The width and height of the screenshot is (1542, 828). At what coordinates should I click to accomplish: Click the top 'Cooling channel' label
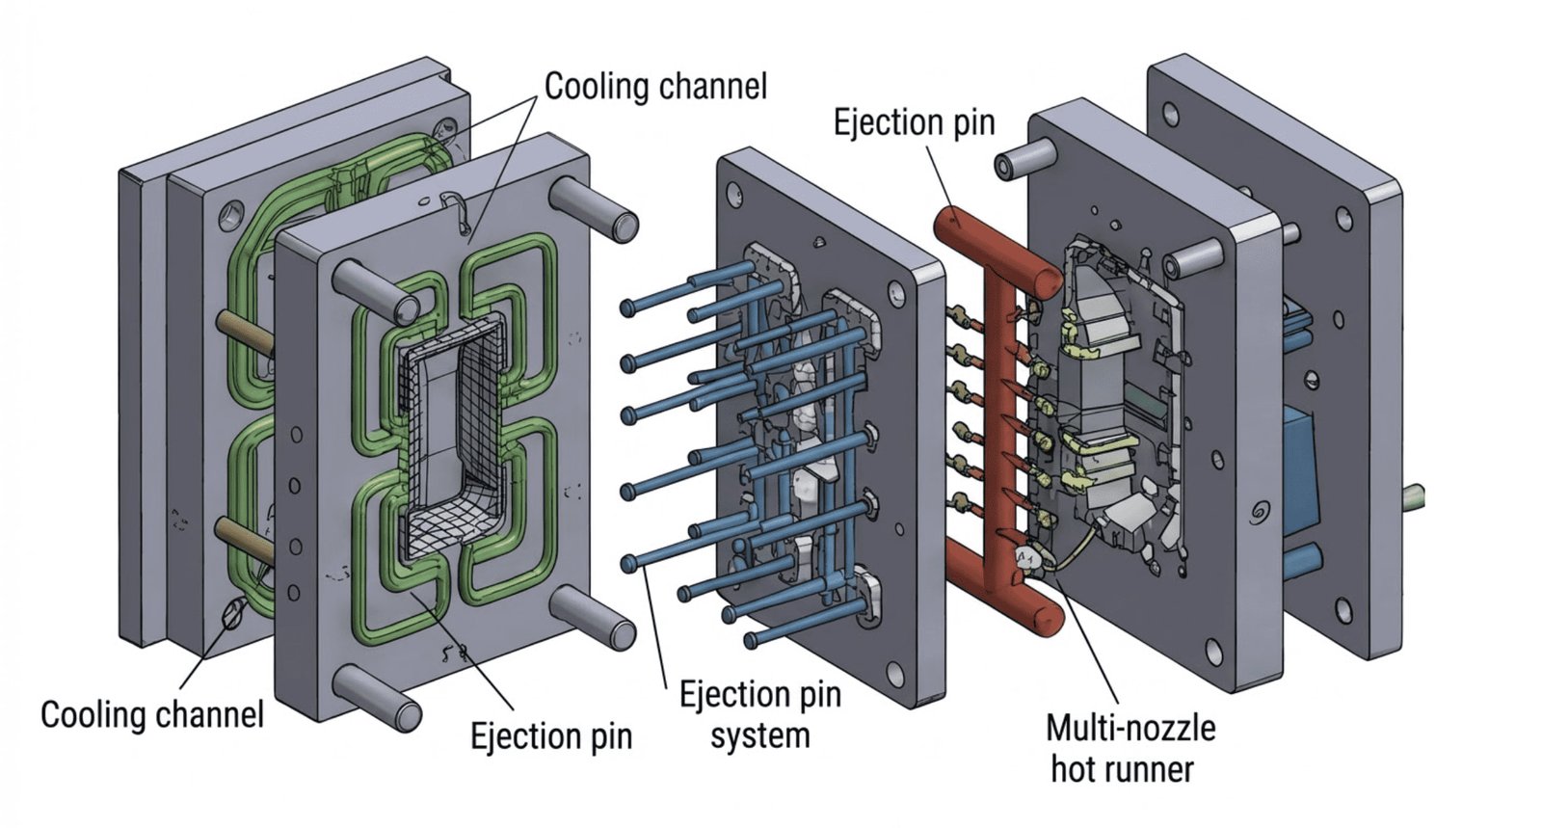pos(655,86)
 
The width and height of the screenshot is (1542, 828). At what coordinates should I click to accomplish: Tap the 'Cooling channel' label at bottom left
pos(151,714)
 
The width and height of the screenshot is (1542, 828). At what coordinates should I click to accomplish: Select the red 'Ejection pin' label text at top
pos(914,122)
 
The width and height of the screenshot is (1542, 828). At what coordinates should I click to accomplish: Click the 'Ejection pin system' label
pos(759,714)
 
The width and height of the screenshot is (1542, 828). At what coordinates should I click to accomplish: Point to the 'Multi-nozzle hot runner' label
pos(1130,748)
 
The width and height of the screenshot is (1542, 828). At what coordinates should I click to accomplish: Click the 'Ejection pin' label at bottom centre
pos(550,736)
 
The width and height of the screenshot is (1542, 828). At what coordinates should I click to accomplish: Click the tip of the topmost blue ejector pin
pos(627,307)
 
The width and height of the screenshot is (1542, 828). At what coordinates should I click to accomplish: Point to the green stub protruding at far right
pos(1413,497)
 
